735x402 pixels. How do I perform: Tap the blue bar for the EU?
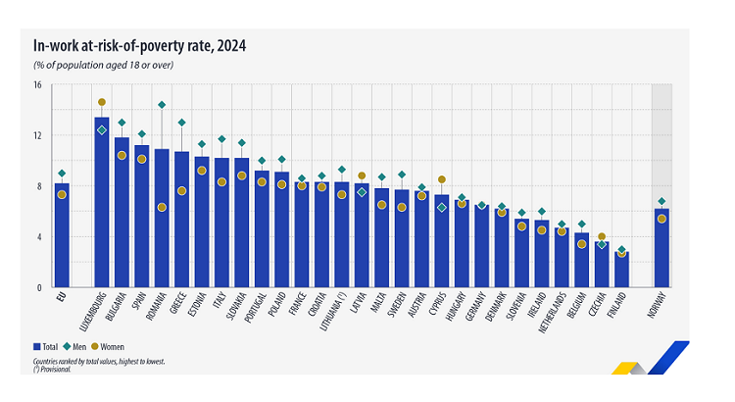pos(62,235)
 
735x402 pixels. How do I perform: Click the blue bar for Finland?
pos(621,270)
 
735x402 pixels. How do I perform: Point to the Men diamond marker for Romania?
pos(162,105)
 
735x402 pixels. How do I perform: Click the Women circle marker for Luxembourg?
pos(102,102)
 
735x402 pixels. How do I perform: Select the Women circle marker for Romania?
pos(162,207)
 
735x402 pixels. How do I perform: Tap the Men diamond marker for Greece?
pos(181,123)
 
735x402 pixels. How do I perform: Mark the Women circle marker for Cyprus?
pos(441,179)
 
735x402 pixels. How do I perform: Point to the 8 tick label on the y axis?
pos(38,186)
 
